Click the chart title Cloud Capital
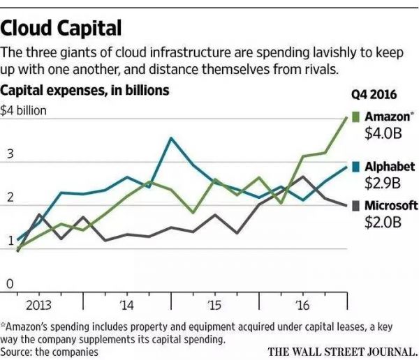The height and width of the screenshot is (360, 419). [x=62, y=27]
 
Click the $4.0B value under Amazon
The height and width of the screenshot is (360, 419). [x=383, y=133]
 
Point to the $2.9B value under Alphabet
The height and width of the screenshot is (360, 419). [x=383, y=183]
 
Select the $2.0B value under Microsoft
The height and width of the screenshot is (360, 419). [x=383, y=223]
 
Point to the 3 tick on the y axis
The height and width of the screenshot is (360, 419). [x=10, y=153]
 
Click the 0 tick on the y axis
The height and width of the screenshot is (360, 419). [x=10, y=284]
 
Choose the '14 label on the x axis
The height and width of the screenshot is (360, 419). [x=126, y=306]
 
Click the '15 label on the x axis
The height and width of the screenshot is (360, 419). [x=215, y=306]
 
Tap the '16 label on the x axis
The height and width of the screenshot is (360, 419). [x=302, y=306]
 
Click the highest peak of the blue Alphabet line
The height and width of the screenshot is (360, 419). [x=171, y=138]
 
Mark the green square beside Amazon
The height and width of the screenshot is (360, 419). [x=355, y=117]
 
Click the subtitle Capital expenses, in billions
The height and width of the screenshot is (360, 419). [x=84, y=90]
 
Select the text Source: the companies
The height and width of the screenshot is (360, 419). [x=50, y=351]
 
